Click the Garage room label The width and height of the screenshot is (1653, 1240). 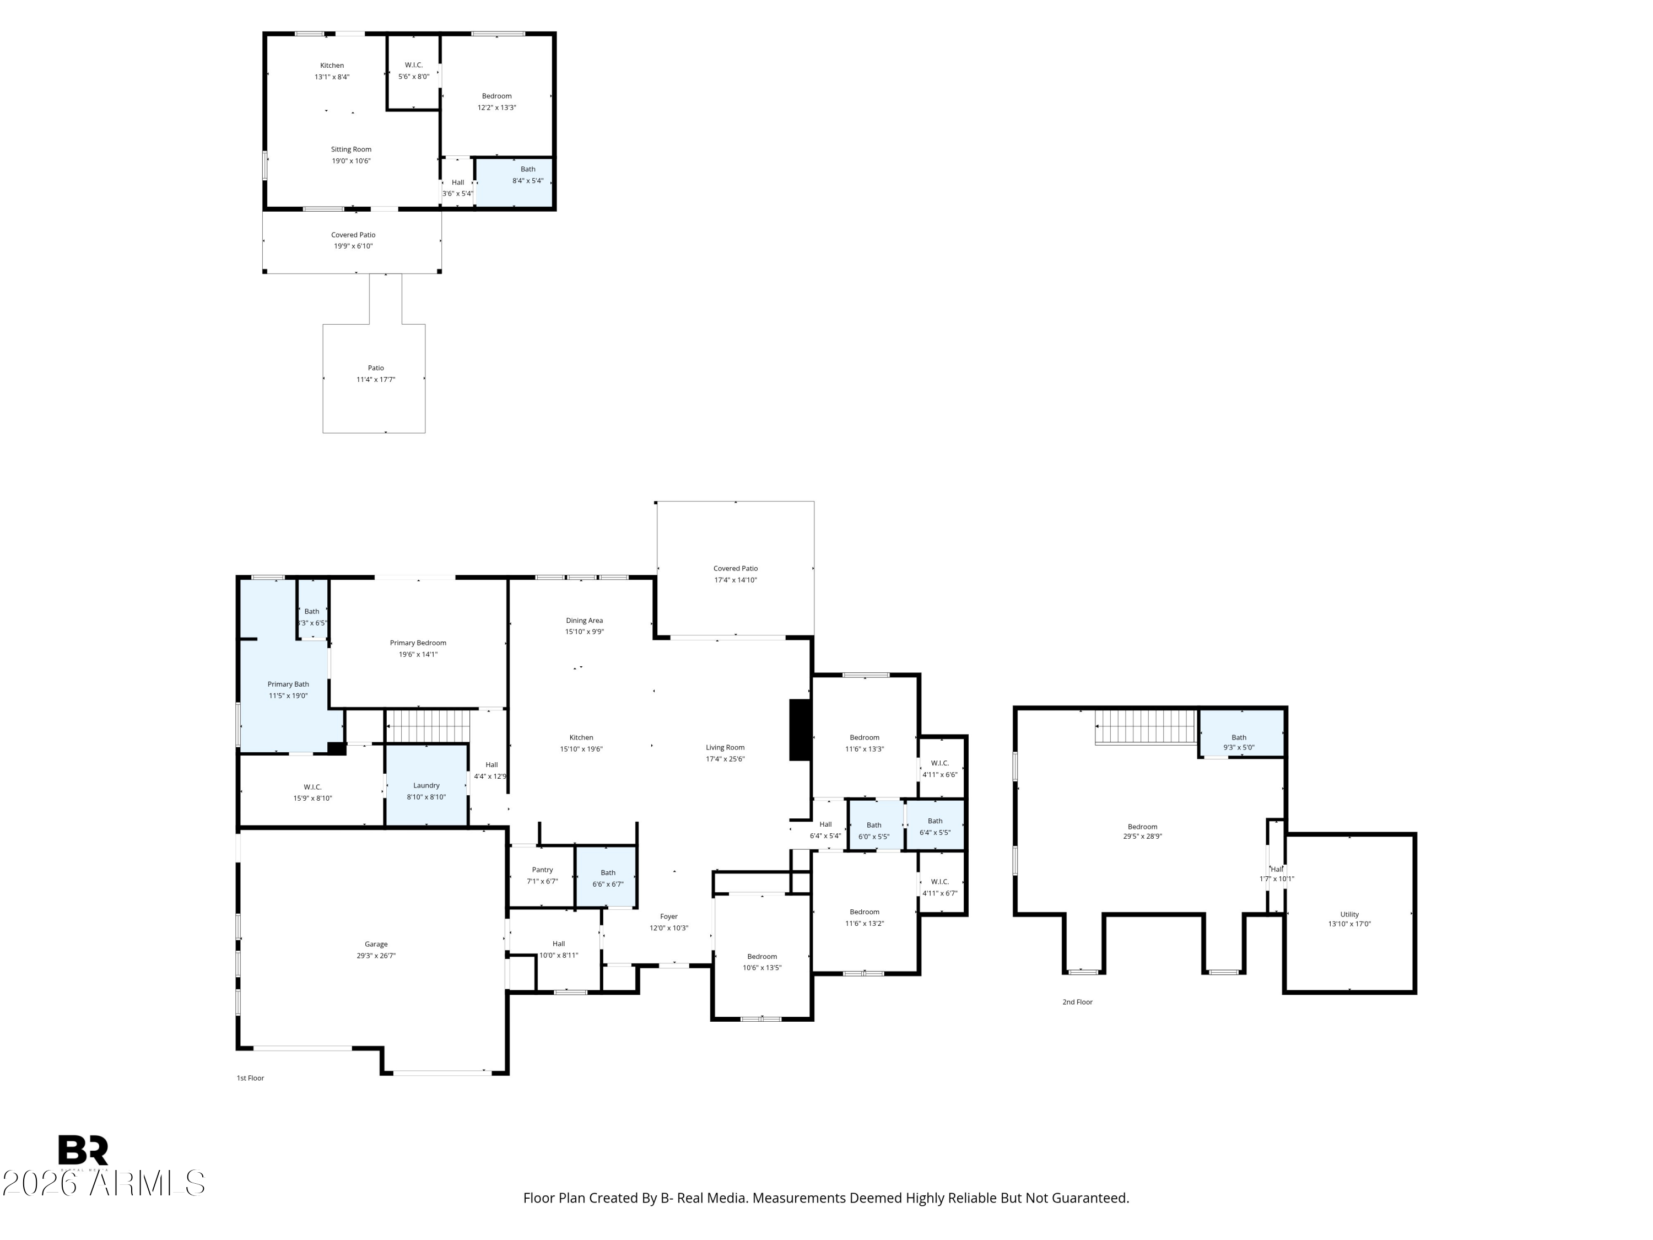[376, 944]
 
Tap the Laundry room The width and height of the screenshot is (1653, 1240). [426, 785]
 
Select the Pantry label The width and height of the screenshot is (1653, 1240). [543, 869]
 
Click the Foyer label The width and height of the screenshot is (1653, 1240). [669, 916]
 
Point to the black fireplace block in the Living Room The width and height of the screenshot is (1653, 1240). [801, 730]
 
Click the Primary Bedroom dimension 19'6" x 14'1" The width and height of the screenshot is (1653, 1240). [418, 654]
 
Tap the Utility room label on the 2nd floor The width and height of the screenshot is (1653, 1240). [1349, 914]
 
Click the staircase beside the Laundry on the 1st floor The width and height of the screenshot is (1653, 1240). [428, 726]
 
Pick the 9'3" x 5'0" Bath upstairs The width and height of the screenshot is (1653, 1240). [1241, 733]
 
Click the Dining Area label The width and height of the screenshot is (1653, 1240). [585, 621]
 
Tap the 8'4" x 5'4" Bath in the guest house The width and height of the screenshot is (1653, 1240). [514, 182]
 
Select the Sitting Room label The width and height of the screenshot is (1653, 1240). [351, 149]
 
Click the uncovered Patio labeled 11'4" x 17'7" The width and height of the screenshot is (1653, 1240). [374, 378]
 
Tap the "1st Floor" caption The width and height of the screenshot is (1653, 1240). [250, 1078]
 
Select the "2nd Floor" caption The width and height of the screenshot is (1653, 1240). [1078, 1001]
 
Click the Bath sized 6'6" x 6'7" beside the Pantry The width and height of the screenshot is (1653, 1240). [606, 877]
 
